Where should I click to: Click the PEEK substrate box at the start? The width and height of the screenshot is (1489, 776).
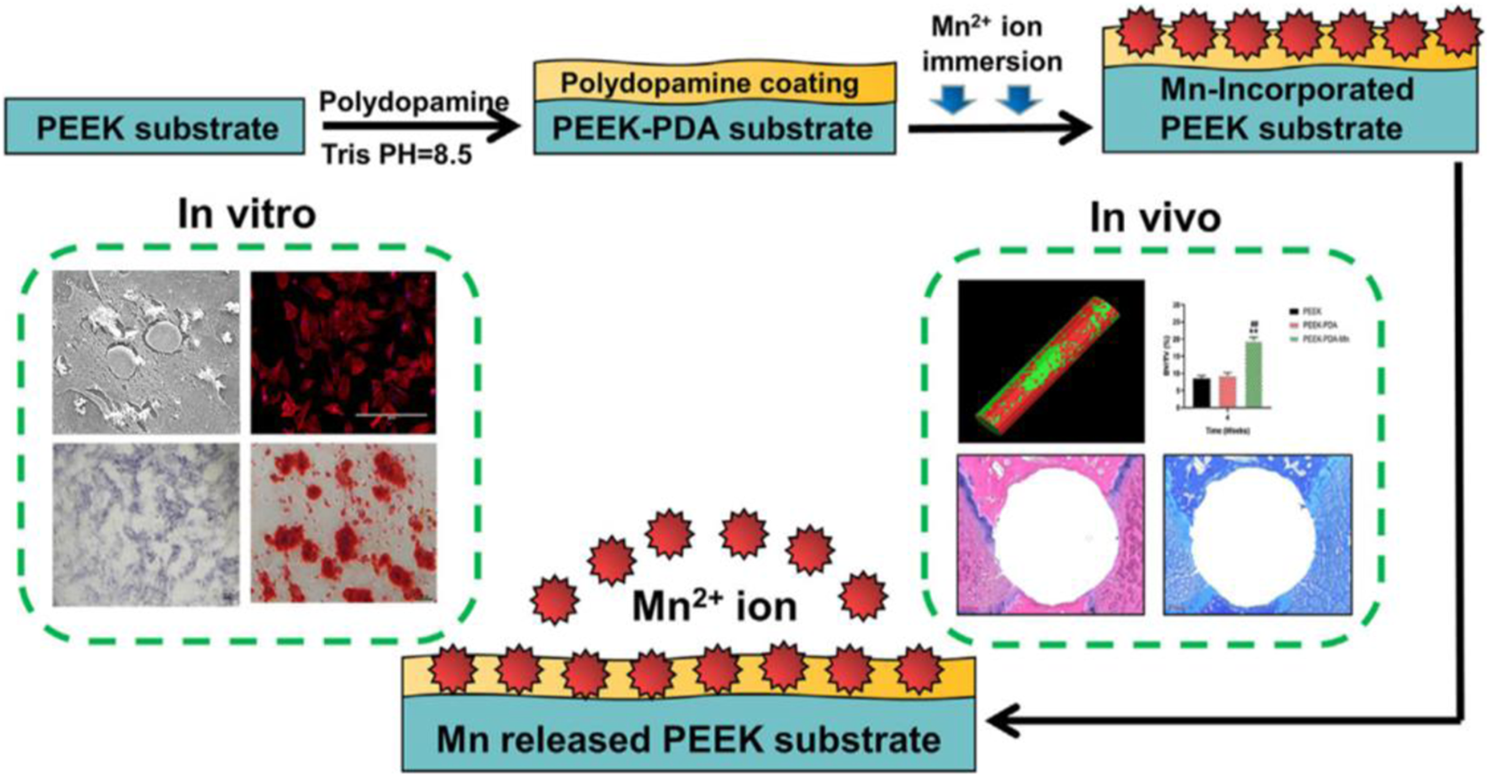[154, 127]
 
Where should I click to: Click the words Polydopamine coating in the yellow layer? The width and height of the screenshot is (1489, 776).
[710, 83]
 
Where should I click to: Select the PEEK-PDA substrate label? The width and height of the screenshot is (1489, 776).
[713, 128]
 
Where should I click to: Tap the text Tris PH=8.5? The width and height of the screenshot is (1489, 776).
[396, 154]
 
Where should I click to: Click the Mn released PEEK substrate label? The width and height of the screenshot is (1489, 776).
[688, 740]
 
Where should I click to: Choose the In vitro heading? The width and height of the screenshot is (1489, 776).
[247, 214]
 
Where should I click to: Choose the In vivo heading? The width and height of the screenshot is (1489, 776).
[1155, 217]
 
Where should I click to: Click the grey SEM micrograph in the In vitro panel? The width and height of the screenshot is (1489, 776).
[146, 351]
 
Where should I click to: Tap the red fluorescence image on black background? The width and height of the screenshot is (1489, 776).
[343, 351]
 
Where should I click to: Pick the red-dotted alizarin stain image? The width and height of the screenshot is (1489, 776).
[343, 522]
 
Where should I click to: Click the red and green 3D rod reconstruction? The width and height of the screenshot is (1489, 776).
[1050, 360]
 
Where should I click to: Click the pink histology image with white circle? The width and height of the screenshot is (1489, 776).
[1050, 535]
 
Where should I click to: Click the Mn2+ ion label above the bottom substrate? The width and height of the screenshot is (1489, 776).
[713, 606]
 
